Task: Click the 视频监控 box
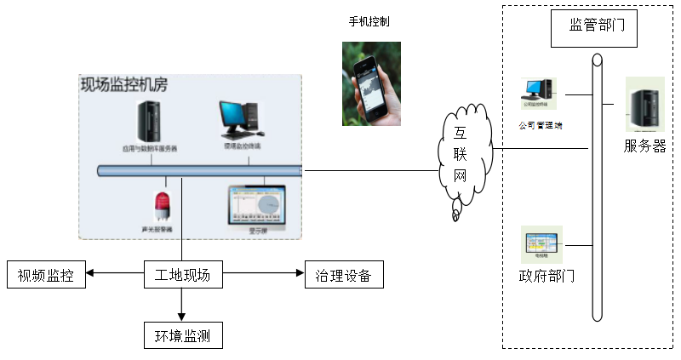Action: (x=46, y=275)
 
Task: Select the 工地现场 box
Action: (x=182, y=275)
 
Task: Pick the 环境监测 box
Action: (x=182, y=335)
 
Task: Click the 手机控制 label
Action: (x=369, y=20)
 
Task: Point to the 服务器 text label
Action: (x=644, y=146)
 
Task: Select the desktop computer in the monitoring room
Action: (x=242, y=121)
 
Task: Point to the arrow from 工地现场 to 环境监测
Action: (x=182, y=306)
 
